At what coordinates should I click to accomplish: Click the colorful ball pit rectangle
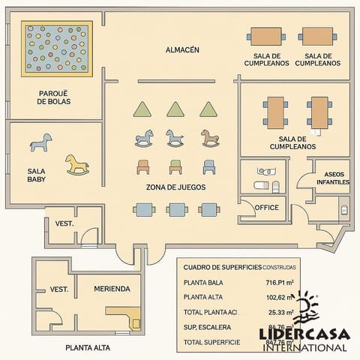pyautogui.click(x=56, y=49)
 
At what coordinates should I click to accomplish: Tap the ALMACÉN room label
pyautogui.click(x=182, y=50)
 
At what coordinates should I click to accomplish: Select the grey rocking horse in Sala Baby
pyautogui.click(x=41, y=142)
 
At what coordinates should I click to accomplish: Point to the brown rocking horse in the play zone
pyautogui.click(x=210, y=138)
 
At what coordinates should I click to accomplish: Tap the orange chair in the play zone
pyautogui.click(x=142, y=166)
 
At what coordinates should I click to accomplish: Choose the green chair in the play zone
pyautogui.click(x=175, y=166)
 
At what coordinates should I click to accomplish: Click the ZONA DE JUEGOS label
pyautogui.click(x=175, y=187)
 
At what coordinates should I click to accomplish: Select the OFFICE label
pyautogui.click(x=266, y=208)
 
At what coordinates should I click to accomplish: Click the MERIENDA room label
pyautogui.click(x=112, y=289)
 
